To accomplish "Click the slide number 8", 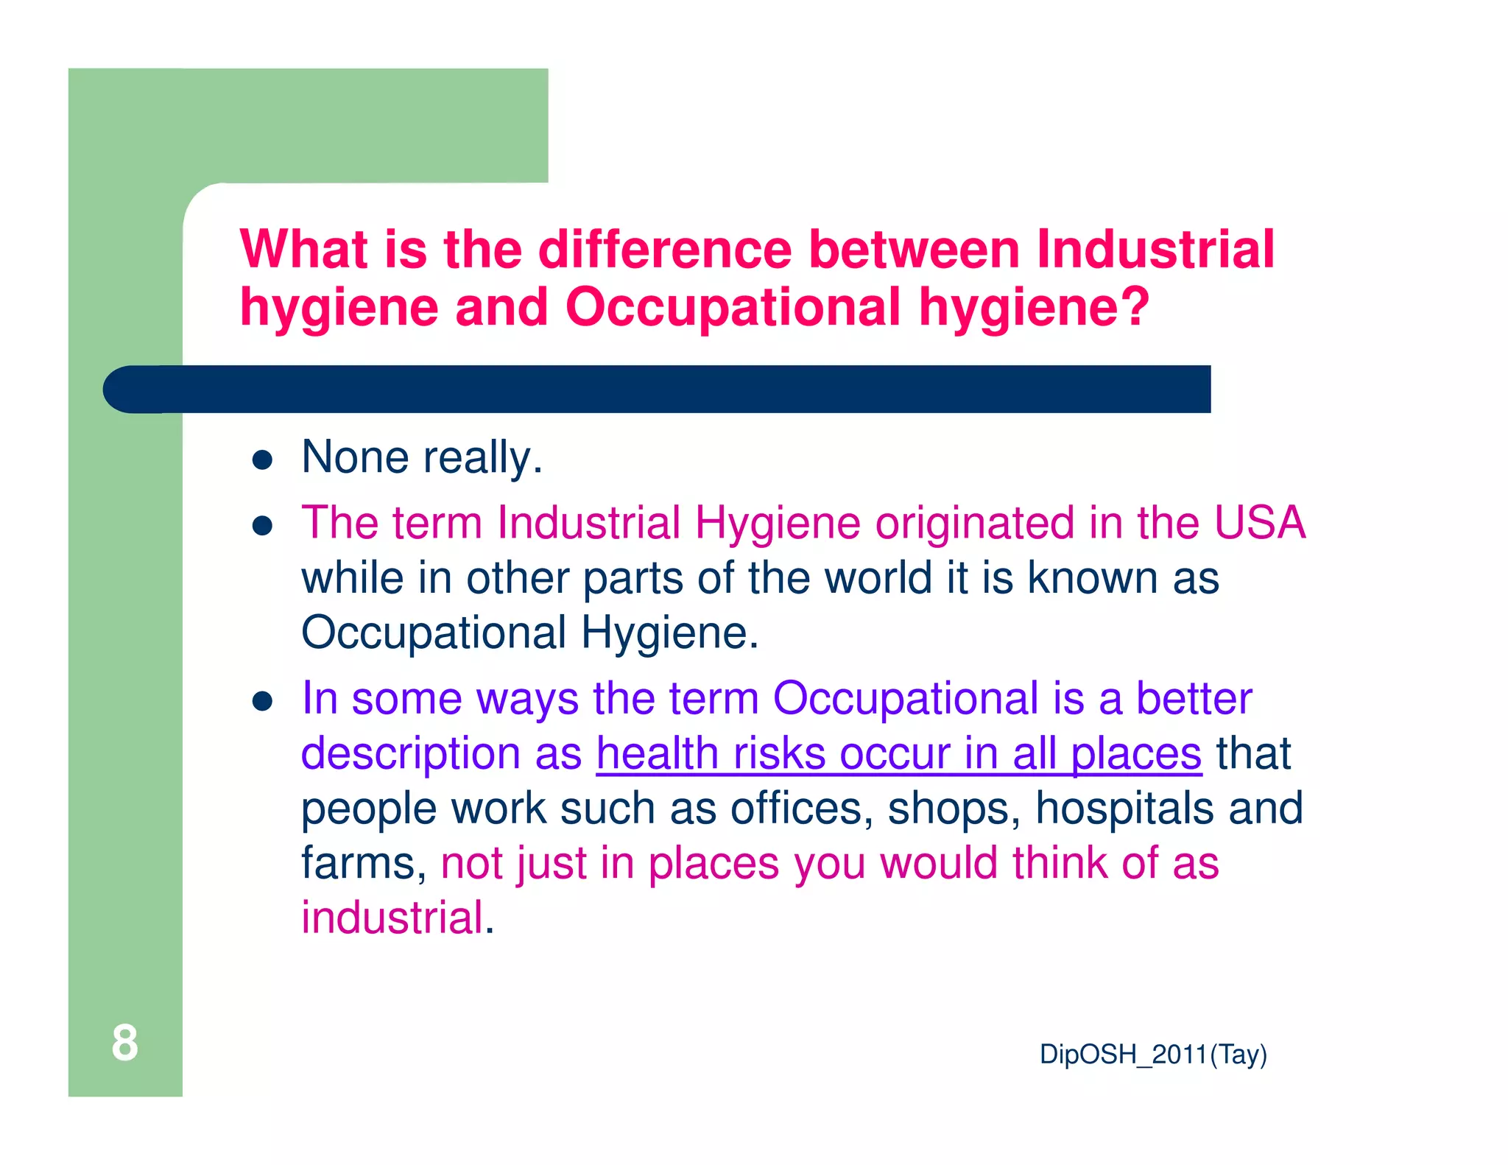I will [x=124, y=1043].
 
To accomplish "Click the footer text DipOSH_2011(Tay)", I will [x=1152, y=1055].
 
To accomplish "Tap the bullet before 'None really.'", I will [x=263, y=461].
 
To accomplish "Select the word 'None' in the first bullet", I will [x=355, y=457].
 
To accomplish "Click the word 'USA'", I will [x=1259, y=523].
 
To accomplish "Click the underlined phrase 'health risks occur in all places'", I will [x=898, y=754].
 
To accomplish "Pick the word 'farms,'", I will [x=364, y=863].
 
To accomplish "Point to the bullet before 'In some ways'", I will [x=263, y=701].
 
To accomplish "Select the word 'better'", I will [x=1193, y=698].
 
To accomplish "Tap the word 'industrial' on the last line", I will [x=392, y=918].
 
